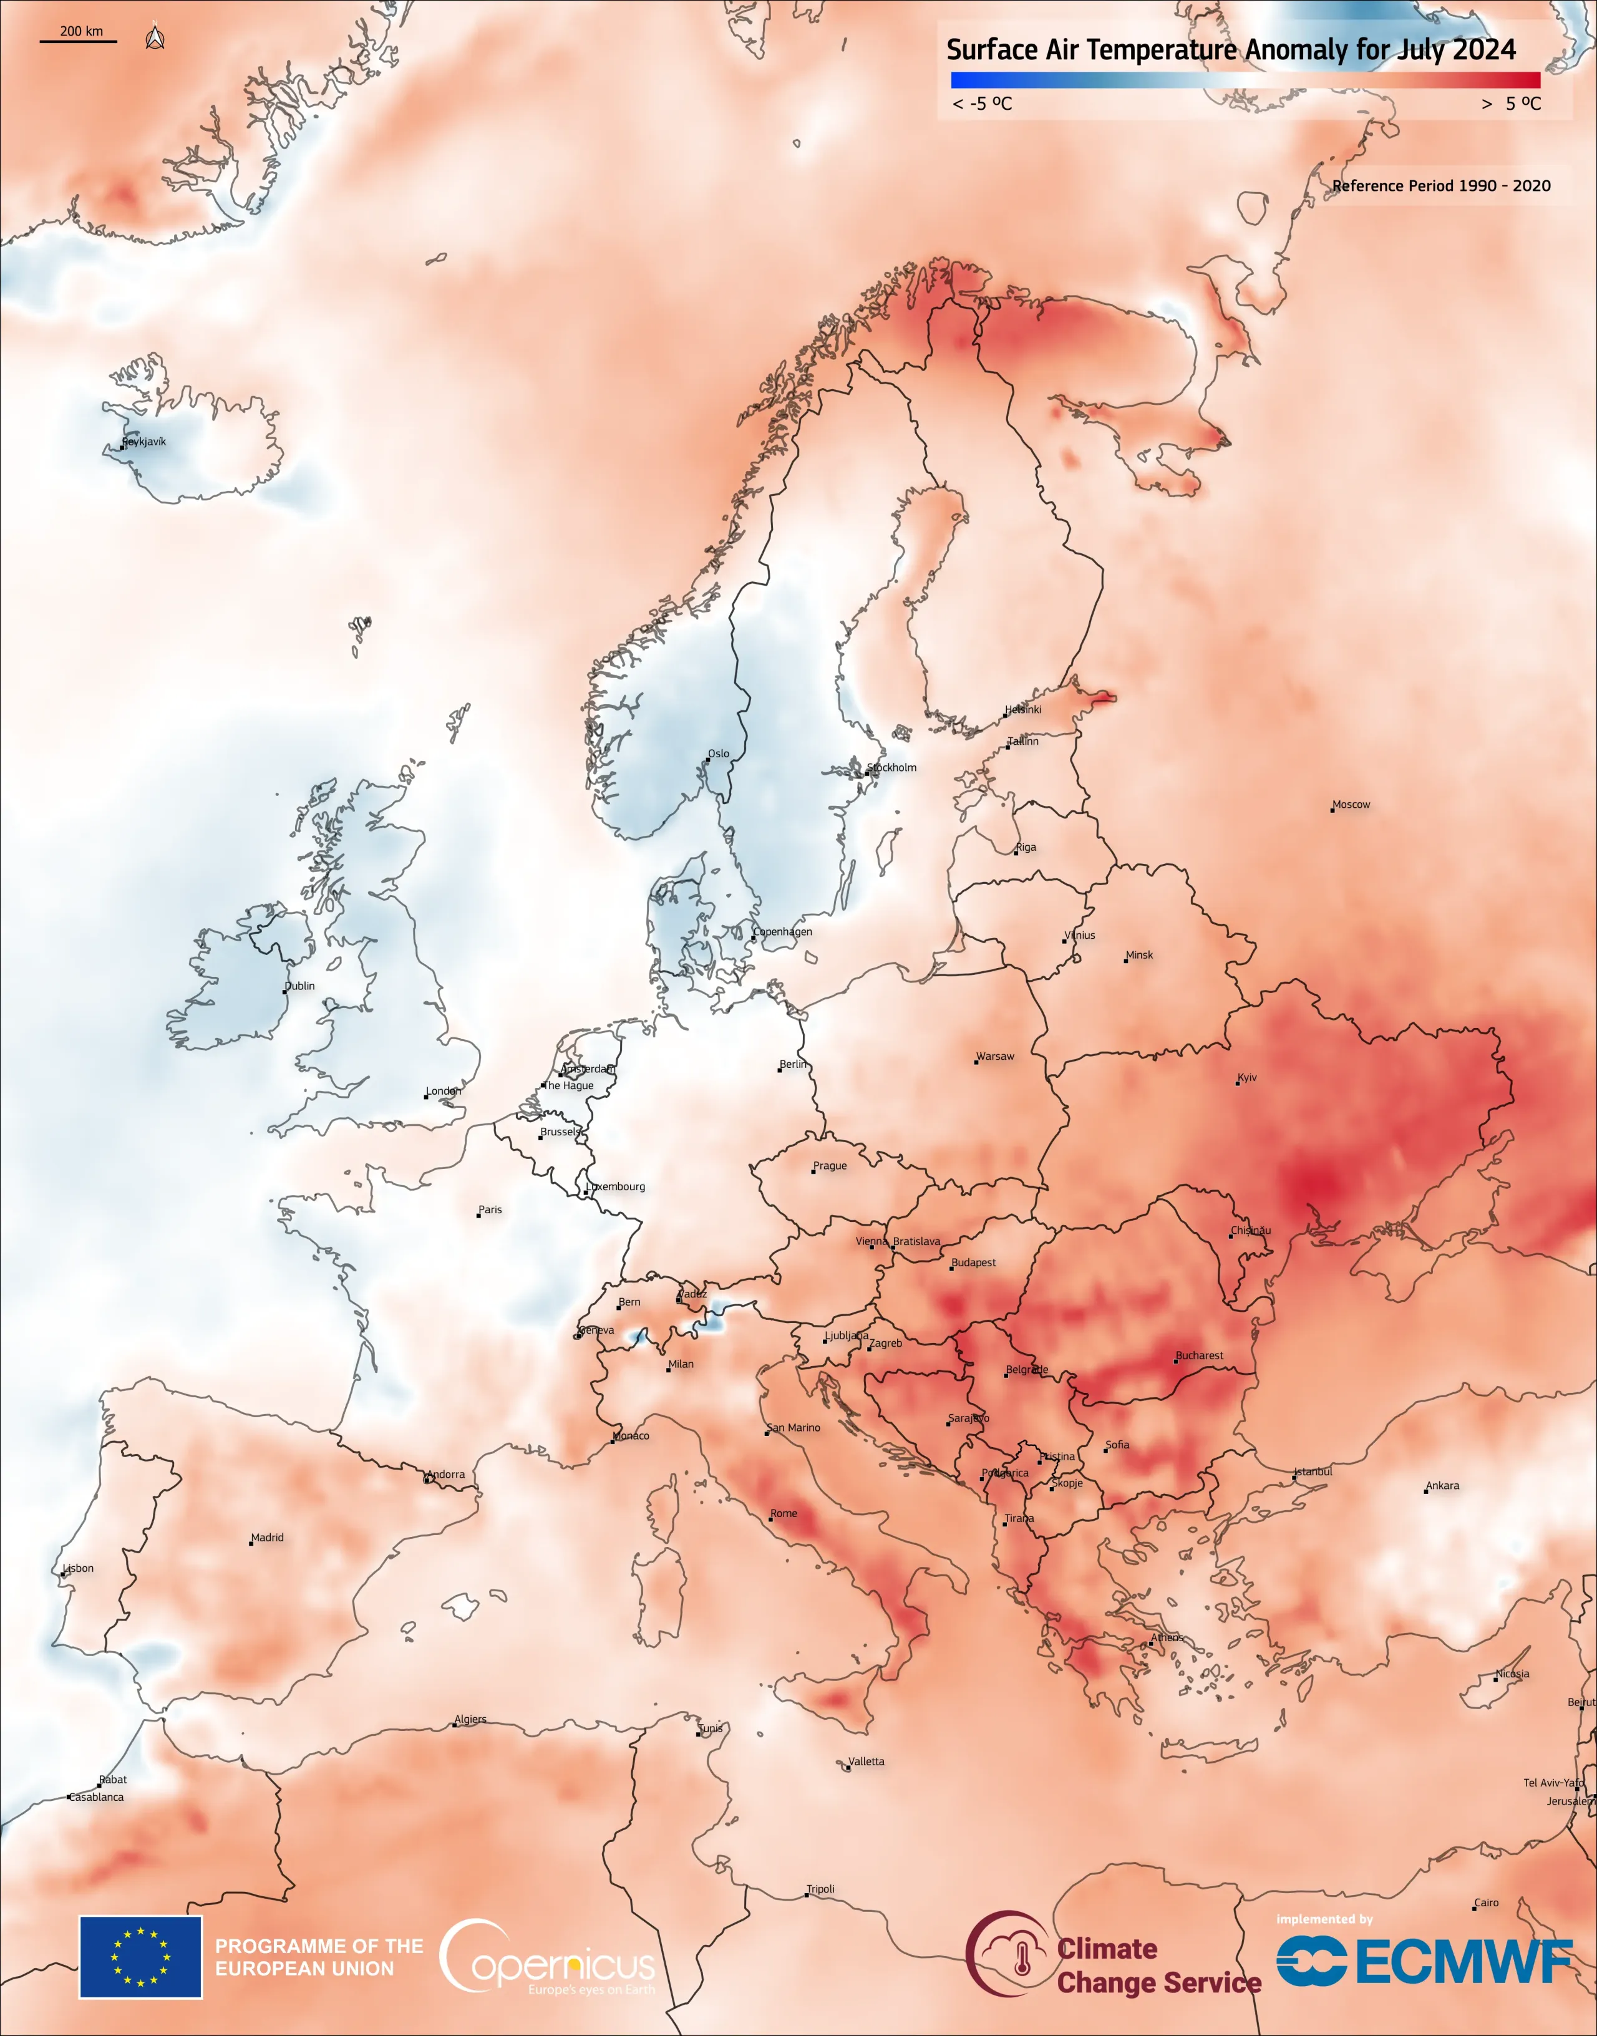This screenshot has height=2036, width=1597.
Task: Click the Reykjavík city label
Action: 144,442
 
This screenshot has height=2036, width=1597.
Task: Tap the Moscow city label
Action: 1351,805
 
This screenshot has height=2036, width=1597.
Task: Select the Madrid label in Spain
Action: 268,1538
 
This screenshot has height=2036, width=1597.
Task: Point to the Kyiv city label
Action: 1247,1078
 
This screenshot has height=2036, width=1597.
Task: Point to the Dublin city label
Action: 299,986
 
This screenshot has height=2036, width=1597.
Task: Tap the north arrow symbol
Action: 155,37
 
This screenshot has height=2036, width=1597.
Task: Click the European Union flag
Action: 140,1957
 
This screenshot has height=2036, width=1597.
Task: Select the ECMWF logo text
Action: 1464,1961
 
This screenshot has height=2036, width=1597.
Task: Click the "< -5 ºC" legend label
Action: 982,104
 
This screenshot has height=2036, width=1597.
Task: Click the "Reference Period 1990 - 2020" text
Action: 1441,186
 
